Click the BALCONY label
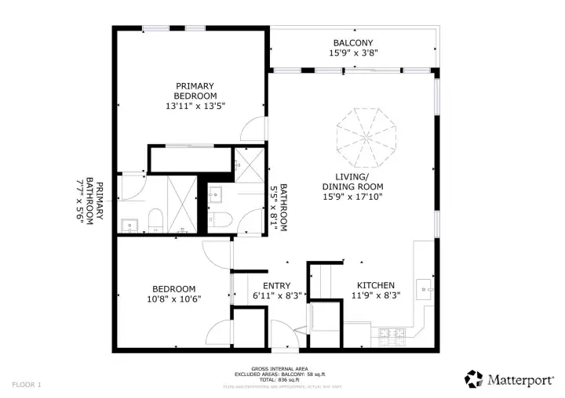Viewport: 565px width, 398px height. tap(352, 43)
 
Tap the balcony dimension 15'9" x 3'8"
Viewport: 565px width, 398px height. tap(352, 54)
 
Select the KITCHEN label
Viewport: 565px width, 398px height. tap(376, 285)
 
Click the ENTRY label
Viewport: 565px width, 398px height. tap(276, 286)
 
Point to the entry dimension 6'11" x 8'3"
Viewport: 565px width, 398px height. tap(276, 296)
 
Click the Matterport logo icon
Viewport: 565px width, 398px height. tap(473, 379)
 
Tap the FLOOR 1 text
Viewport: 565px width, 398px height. tap(27, 385)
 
